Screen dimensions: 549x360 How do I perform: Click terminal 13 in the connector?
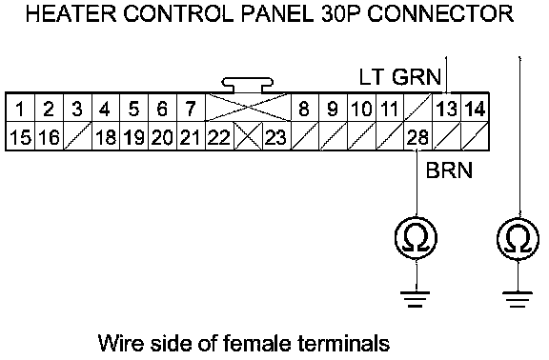point(446,109)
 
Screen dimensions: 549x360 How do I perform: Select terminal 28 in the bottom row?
point(418,136)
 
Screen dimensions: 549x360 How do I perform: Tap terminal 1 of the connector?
point(20,109)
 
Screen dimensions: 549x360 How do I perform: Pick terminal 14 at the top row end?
point(475,109)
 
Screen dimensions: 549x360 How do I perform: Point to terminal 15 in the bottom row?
point(20,136)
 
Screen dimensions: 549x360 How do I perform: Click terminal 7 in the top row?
point(191,109)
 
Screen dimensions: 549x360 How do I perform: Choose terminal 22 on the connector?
point(219,136)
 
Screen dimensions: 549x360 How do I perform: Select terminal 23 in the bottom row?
point(276,136)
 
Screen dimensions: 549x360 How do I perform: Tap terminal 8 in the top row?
point(304,109)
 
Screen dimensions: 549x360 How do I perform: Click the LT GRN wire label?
point(400,76)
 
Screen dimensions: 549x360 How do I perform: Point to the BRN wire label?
point(449,170)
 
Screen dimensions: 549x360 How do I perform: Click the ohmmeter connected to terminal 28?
point(417,238)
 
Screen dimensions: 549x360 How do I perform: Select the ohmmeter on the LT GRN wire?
point(518,238)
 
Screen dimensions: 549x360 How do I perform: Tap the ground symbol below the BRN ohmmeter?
point(416,298)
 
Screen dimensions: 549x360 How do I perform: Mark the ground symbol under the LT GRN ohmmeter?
point(518,298)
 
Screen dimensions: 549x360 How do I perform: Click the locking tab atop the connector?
point(247,85)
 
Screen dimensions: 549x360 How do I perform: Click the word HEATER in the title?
point(71,14)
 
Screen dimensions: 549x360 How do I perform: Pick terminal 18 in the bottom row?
point(106,136)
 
